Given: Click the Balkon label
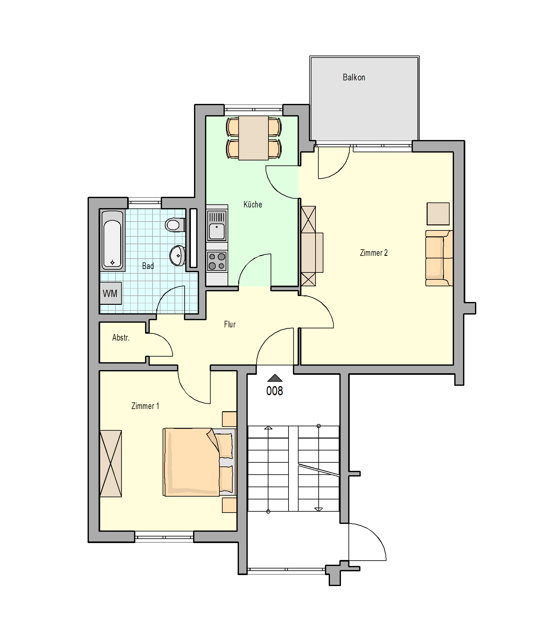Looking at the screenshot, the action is pyautogui.click(x=354, y=78).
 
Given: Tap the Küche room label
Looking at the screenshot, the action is pyautogui.click(x=253, y=204).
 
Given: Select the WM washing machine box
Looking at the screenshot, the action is pyautogui.click(x=111, y=293).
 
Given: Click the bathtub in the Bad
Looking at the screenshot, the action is pyautogui.click(x=112, y=240).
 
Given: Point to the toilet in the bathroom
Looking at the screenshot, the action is pyautogui.click(x=175, y=225).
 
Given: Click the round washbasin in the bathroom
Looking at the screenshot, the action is pyautogui.click(x=177, y=256).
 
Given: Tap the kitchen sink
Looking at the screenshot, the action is pyautogui.click(x=217, y=225).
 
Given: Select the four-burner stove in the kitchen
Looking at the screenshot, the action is pyautogui.click(x=217, y=261).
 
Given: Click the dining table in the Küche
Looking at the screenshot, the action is pyautogui.click(x=253, y=138).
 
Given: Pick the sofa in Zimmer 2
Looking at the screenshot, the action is pyautogui.click(x=439, y=258).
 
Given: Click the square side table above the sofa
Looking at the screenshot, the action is pyautogui.click(x=438, y=214).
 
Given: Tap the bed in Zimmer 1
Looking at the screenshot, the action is pyautogui.click(x=199, y=462).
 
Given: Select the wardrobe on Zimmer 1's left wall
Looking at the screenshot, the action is pyautogui.click(x=111, y=463).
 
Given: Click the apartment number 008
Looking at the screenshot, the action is pyautogui.click(x=275, y=391).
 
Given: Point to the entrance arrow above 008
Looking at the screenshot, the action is pyautogui.click(x=275, y=378).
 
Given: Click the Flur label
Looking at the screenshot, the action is pyautogui.click(x=230, y=324).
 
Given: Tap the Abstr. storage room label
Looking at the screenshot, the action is pyautogui.click(x=121, y=337).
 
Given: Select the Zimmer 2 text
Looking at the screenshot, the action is pyautogui.click(x=374, y=253).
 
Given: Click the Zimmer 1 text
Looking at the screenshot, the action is pyautogui.click(x=145, y=406).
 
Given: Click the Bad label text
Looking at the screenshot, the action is pyautogui.click(x=148, y=266).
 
